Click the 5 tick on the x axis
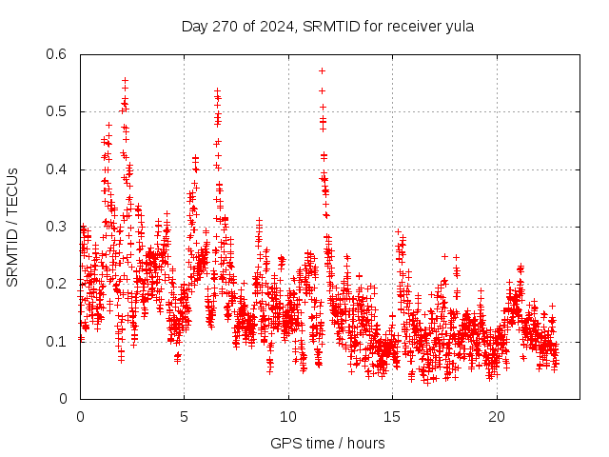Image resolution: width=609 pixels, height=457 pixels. click(x=185, y=417)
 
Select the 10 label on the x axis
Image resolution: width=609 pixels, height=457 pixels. click(x=288, y=417)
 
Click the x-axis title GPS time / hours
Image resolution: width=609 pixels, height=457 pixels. click(x=327, y=443)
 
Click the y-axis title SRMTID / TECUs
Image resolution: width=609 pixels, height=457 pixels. click(x=13, y=227)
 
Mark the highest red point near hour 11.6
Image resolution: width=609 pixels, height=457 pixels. click(x=322, y=70)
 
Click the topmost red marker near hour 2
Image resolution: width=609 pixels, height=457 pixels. click(x=125, y=81)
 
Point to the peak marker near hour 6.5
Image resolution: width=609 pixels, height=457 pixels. click(x=217, y=90)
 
